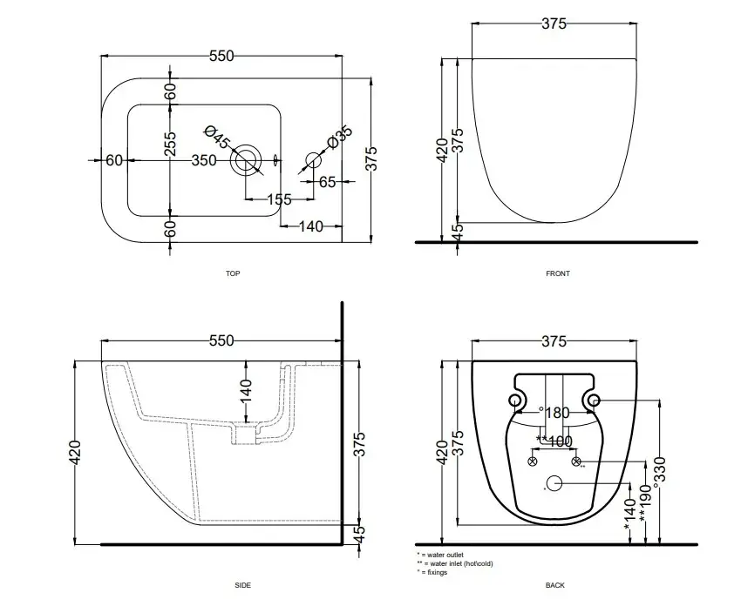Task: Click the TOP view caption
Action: pos(233,273)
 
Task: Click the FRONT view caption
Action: pos(558,273)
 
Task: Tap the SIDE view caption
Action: pos(243,585)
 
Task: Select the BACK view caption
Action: pos(554,585)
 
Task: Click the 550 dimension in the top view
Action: pos(221,56)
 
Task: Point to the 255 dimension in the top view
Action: pos(171,145)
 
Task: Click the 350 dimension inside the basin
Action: pos(203,160)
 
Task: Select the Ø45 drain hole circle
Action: pos(245,160)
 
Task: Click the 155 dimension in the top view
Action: pos(278,200)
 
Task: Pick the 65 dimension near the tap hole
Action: pos(328,182)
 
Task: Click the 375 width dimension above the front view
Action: pos(554,24)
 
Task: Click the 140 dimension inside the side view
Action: pos(246,388)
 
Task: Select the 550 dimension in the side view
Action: pos(221,340)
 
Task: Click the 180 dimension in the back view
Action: pos(557,413)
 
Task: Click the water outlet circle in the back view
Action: pos(554,483)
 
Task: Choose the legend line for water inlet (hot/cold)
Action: pos(454,563)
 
